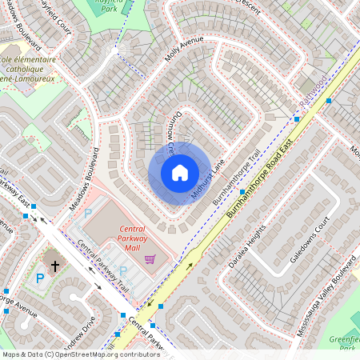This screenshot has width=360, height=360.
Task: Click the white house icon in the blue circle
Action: click(x=180, y=173)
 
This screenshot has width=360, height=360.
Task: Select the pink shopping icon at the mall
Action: click(x=150, y=259)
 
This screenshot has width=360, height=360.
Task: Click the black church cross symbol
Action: click(x=56, y=265)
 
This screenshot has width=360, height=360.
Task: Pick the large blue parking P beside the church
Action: click(x=40, y=278)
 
